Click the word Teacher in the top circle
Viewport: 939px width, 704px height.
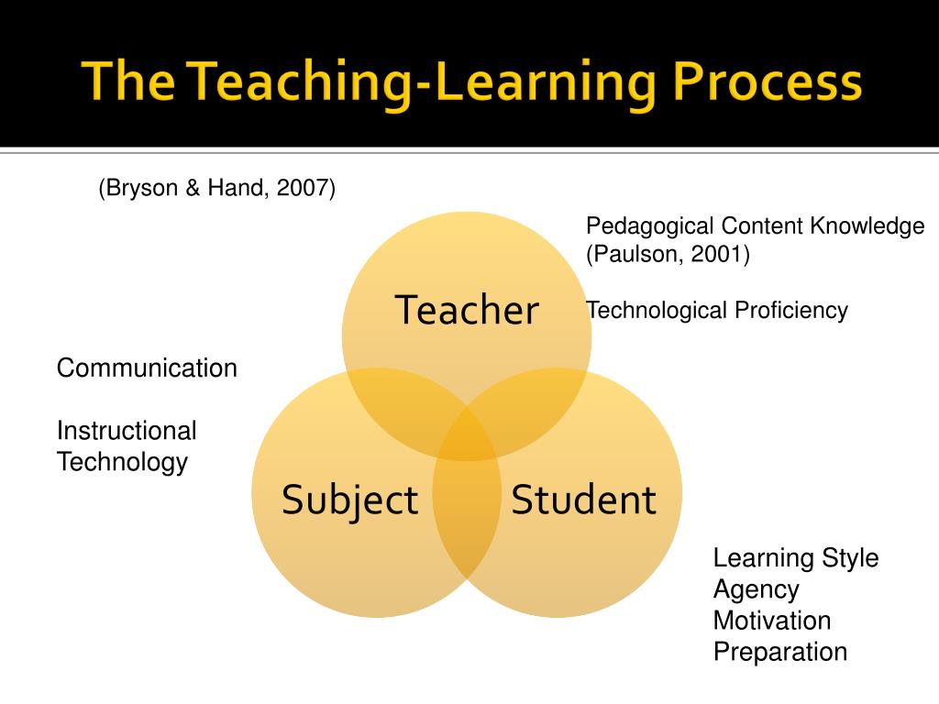pos(467,311)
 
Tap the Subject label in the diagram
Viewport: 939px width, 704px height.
pos(349,500)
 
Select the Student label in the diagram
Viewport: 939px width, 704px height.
pos(583,500)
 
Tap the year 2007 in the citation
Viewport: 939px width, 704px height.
pos(304,189)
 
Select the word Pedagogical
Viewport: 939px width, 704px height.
pos(651,226)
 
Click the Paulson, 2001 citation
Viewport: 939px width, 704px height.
pos(668,255)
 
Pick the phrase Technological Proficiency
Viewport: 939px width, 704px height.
pos(717,311)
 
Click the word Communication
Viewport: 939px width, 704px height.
pos(147,368)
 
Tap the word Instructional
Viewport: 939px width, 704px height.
pos(127,431)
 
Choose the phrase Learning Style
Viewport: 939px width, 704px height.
pos(796,558)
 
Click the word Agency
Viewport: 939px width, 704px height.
pos(757,589)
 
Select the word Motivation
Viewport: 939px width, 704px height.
pos(772,621)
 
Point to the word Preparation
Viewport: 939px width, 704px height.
pos(780,652)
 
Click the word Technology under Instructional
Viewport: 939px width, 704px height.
pos(122,462)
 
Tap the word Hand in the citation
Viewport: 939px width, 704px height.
pos(239,189)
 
